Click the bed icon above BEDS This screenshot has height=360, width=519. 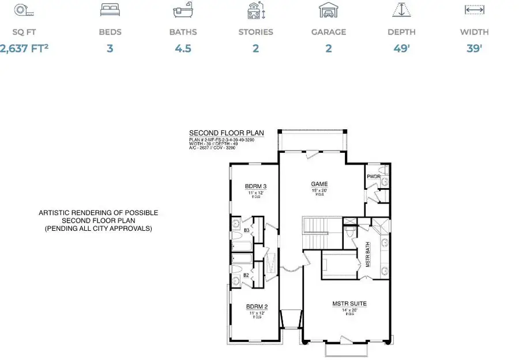click(110, 10)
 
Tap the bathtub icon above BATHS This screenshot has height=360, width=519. click(183, 10)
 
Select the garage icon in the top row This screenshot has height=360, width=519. click(328, 10)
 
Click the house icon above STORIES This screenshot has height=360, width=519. click(255, 10)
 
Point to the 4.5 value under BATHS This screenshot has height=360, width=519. click(183, 48)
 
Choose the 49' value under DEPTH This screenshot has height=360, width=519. click(401, 48)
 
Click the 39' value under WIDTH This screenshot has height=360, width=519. click(474, 48)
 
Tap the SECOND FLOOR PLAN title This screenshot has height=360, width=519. click(226, 133)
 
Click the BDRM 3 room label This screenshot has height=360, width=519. click(255, 186)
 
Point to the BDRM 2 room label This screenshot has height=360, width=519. click(255, 307)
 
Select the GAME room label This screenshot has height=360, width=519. click(319, 183)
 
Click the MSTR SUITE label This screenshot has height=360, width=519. click(349, 303)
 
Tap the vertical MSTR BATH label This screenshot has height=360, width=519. click(367, 254)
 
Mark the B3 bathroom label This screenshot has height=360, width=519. click(246, 230)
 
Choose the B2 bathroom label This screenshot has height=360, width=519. click(246, 275)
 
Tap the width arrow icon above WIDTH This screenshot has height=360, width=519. click(474, 10)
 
